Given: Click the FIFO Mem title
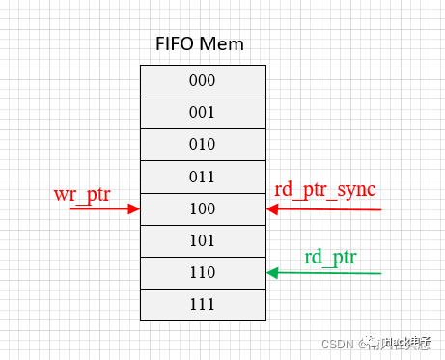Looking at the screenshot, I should tap(200, 44).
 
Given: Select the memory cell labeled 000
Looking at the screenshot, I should tap(203, 80).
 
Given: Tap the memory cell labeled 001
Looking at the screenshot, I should tap(203, 112).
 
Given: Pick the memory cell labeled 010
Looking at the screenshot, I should tap(203, 144).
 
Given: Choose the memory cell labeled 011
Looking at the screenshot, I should tap(203, 176).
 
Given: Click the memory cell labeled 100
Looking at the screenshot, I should tap(203, 208).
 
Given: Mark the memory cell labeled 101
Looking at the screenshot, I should tap(203, 239).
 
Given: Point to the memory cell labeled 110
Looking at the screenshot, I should tap(203, 272).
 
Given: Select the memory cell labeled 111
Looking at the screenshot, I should tap(203, 304).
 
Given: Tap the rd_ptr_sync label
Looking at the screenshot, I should tap(325, 189).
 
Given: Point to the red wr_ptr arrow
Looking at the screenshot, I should tap(101, 208).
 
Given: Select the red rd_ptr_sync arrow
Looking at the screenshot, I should tap(328, 208).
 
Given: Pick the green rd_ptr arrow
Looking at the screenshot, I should tap(328, 273).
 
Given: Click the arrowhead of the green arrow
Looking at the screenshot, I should tap(273, 273).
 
